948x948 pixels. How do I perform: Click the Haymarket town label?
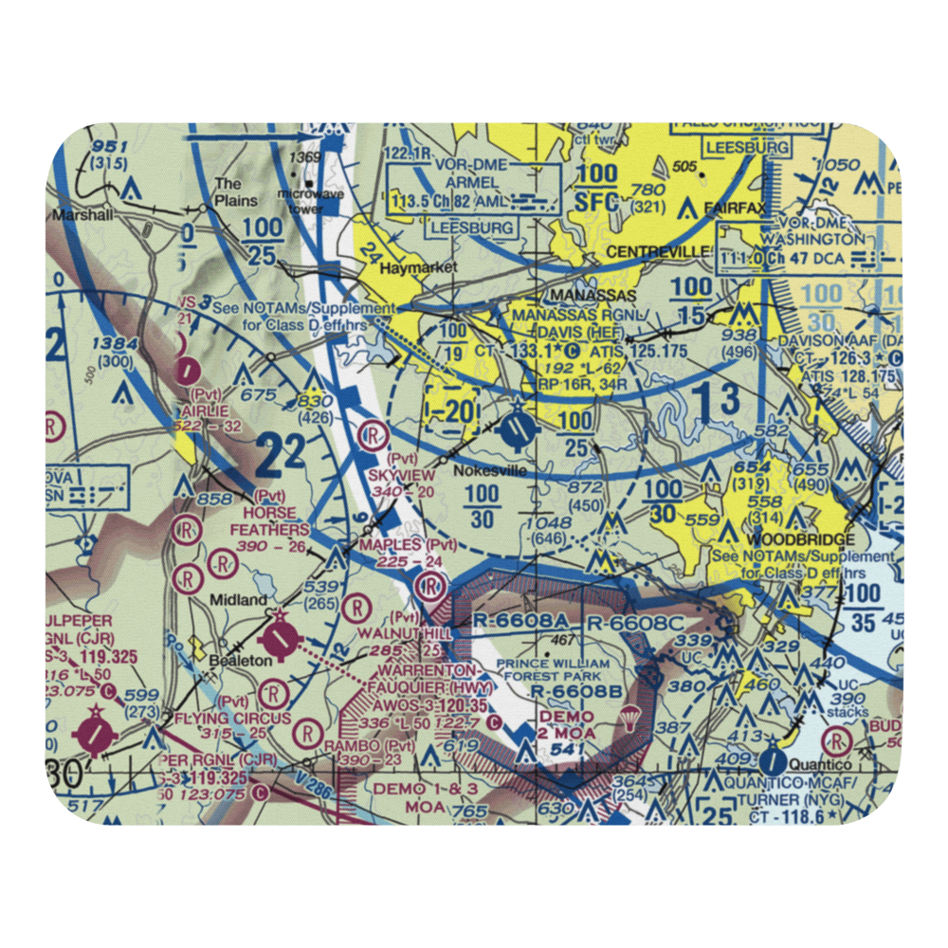(x=417, y=268)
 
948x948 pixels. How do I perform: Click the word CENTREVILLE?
(x=657, y=251)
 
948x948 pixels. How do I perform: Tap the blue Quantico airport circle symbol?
(x=772, y=760)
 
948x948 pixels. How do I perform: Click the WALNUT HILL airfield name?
(x=410, y=632)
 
